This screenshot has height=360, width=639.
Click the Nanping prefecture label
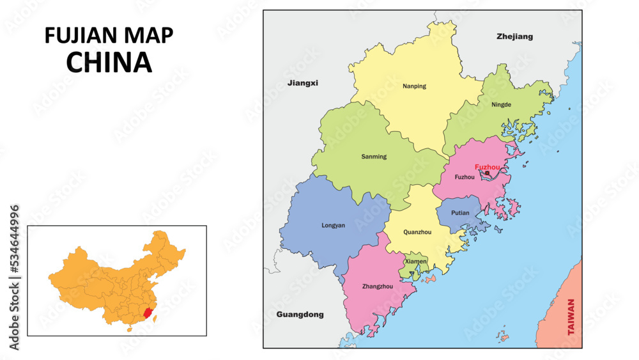click(x=414, y=86)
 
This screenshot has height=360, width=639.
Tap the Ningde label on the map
click(x=502, y=104)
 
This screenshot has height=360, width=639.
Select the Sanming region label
click(x=374, y=157)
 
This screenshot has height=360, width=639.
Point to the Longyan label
click(x=333, y=225)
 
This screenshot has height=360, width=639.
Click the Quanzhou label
click(x=417, y=232)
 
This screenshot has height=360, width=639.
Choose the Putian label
click(x=460, y=213)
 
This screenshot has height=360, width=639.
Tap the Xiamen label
click(x=415, y=262)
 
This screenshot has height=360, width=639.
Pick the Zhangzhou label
click(x=377, y=286)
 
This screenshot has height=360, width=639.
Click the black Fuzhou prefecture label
click(x=464, y=177)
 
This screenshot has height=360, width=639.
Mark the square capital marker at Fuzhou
click(x=488, y=173)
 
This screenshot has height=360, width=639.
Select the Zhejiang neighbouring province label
click(x=514, y=36)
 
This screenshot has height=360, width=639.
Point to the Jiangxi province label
click(x=302, y=83)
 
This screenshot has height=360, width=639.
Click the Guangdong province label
click(x=300, y=315)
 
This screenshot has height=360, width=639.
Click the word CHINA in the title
click(x=109, y=62)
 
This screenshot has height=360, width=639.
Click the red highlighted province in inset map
click(x=147, y=313)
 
